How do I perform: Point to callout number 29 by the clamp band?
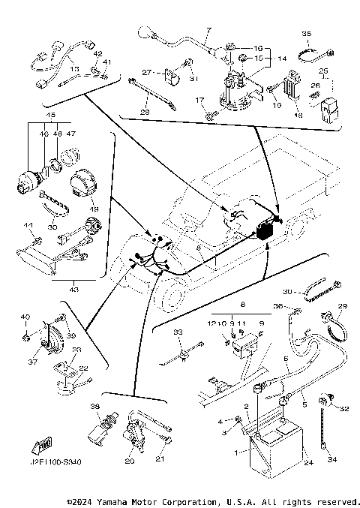[343, 307]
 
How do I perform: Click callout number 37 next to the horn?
[33, 362]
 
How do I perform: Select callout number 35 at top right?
[306, 34]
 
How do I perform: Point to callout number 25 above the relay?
[324, 71]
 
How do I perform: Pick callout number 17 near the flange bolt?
[199, 100]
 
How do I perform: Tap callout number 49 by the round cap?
[94, 209]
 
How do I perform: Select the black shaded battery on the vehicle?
[266, 230]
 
